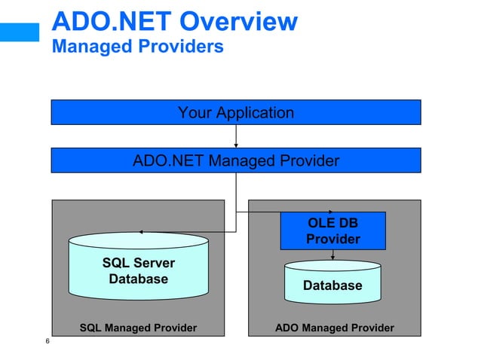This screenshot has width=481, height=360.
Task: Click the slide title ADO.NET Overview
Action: (174, 21)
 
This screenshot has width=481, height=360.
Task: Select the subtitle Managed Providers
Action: (137, 47)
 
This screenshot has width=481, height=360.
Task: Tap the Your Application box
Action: (235, 113)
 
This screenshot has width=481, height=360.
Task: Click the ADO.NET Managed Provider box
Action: (235, 160)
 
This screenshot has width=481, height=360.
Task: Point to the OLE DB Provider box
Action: (332, 231)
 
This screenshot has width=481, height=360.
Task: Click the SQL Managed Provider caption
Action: (138, 328)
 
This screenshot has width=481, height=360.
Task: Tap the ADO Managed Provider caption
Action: (334, 328)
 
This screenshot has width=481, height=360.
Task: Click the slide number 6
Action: (47, 343)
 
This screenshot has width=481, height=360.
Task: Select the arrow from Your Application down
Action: (236, 136)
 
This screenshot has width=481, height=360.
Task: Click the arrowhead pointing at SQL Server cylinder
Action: (141, 232)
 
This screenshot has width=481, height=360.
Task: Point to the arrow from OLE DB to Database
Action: (332, 255)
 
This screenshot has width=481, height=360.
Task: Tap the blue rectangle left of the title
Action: (19, 31)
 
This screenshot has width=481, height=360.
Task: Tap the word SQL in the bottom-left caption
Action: (90, 328)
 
